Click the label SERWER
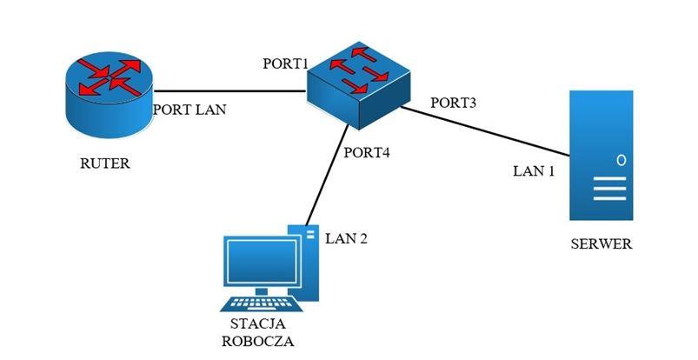(x=602, y=243)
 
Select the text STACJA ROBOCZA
(x=257, y=332)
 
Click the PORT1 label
(x=286, y=64)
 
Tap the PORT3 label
(x=454, y=103)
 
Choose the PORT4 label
(x=367, y=153)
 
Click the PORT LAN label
(x=189, y=110)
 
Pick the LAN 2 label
(x=346, y=237)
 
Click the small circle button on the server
(x=621, y=160)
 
